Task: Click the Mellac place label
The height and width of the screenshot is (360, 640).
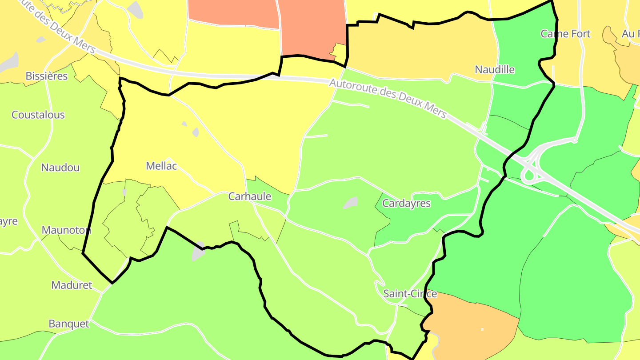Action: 161,166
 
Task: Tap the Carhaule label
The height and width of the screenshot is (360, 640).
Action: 249,196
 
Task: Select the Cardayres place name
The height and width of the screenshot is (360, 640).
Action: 406,204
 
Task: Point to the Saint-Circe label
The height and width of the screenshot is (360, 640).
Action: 410,294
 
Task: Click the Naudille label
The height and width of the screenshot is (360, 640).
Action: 495,69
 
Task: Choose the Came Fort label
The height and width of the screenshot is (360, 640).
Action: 565,34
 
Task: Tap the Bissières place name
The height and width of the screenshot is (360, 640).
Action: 47,76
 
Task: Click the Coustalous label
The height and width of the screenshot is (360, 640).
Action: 38,115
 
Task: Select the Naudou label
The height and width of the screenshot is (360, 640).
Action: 60,168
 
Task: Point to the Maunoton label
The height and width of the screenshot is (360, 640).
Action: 66,230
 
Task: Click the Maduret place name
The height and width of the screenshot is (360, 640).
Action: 72,285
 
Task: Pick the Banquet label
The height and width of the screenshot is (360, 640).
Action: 69,324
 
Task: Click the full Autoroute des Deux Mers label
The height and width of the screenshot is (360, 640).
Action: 388,98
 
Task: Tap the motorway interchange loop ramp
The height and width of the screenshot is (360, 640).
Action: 528,176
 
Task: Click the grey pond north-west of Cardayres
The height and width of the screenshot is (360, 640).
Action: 351,203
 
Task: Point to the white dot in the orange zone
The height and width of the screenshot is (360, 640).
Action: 482,329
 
